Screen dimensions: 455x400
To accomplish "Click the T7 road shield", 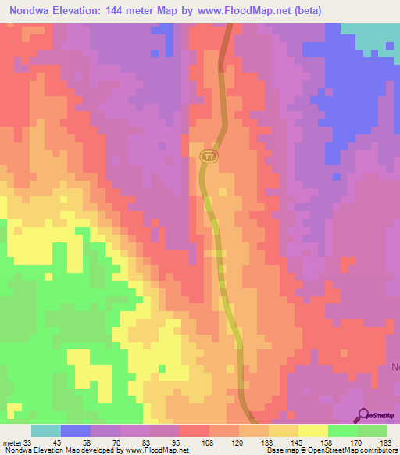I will coord(208,156).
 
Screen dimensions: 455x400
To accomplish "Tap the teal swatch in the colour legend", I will coord(45,431).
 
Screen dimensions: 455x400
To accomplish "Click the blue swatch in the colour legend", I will coord(76,431).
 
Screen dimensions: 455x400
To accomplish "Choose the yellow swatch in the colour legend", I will coord(312,431).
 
